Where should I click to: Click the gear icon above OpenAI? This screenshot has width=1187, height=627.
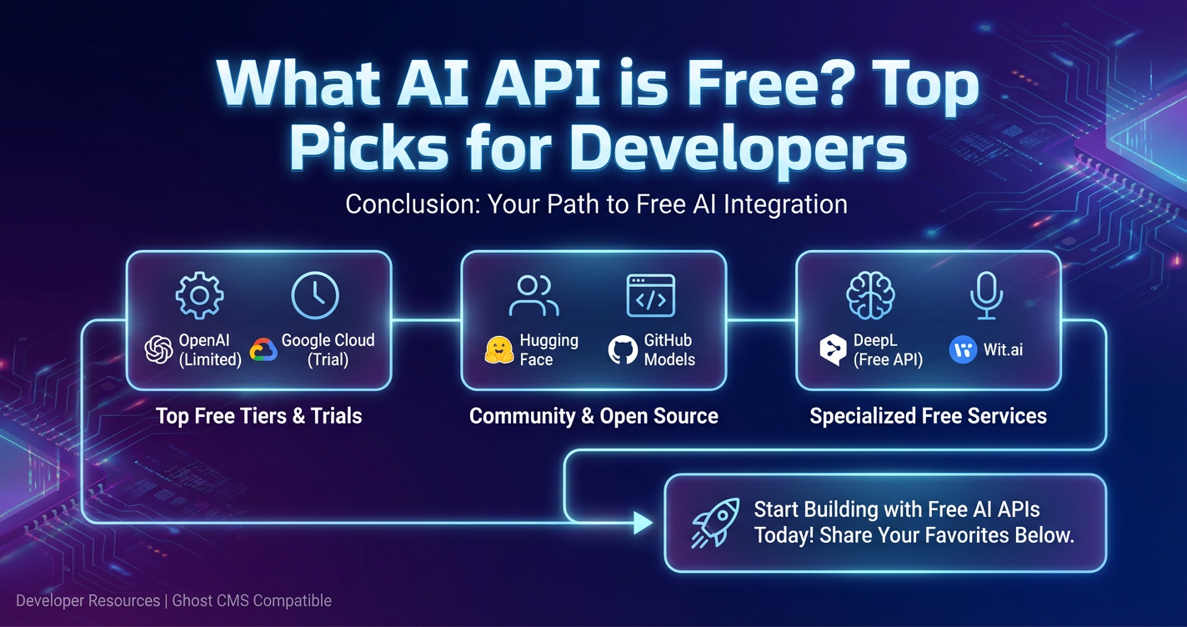point(199,295)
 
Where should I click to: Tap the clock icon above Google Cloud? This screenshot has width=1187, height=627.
point(315,295)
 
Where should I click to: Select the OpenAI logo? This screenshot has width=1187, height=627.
point(158,350)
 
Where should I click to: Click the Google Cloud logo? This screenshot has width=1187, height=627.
point(263,350)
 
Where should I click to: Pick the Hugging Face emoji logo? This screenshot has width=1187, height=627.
point(499,350)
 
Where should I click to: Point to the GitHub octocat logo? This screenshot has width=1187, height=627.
point(623,350)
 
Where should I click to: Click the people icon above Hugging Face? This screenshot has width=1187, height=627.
point(534,295)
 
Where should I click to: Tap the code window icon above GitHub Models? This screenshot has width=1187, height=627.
point(651,295)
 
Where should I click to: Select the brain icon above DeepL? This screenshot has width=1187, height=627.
point(870,295)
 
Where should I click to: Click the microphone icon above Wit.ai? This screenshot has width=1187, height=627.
point(986,295)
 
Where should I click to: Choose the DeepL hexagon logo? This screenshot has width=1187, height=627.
point(833,350)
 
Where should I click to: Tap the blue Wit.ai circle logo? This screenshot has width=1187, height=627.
point(963,350)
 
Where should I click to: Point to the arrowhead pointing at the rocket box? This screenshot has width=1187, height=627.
point(644,523)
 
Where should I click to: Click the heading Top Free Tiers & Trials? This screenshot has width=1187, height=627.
point(259,416)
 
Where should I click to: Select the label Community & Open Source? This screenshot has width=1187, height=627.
point(593,416)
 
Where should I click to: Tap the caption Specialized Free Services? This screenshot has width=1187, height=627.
point(929,416)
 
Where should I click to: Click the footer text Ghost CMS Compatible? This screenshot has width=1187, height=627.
point(252,600)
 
